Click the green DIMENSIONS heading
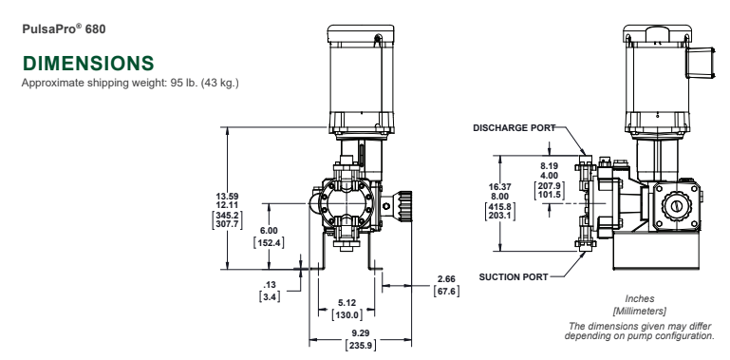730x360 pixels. click(88, 64)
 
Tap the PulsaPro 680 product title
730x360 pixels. click(64, 28)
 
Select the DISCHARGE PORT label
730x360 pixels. click(515, 127)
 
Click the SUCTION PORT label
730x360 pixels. click(514, 277)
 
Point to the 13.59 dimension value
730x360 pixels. click(227, 197)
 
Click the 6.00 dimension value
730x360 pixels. click(269, 231)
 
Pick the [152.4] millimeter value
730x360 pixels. click(269, 242)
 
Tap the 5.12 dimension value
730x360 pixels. click(346, 303)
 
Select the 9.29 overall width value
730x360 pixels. click(361, 333)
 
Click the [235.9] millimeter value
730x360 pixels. click(361, 346)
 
